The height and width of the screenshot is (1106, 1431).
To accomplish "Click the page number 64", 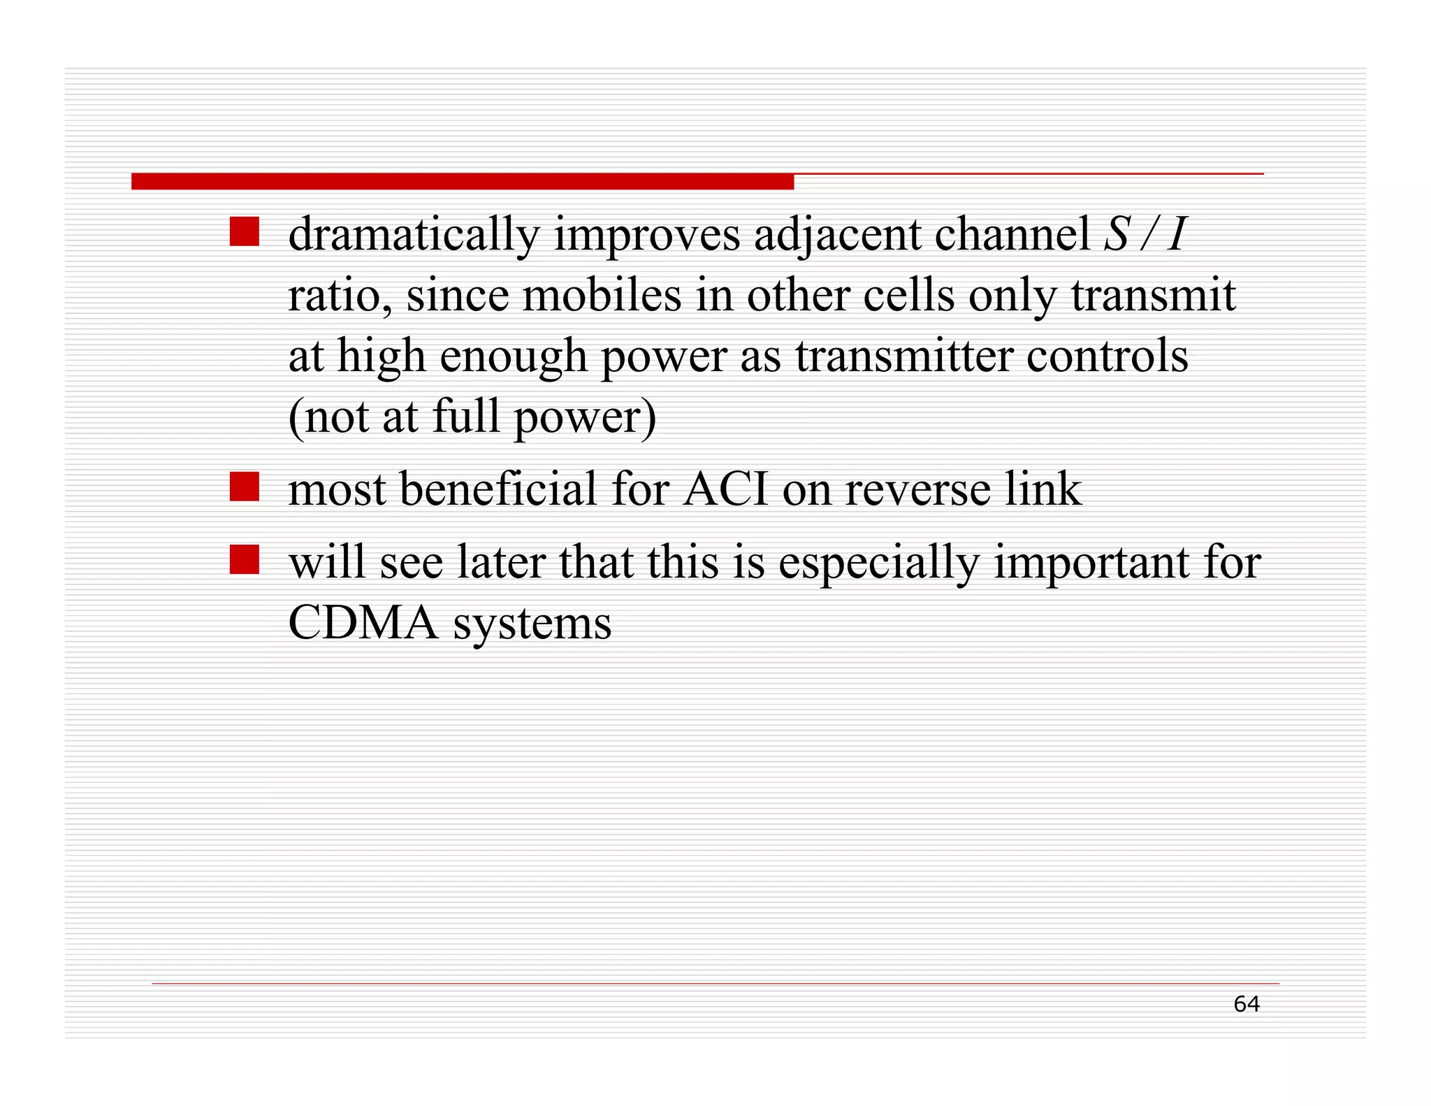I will pyautogui.click(x=1246, y=1004).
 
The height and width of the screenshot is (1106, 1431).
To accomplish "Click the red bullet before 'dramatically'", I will pyautogui.click(x=245, y=231).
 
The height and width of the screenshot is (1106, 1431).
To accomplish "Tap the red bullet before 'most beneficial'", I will pyautogui.click(x=245, y=487).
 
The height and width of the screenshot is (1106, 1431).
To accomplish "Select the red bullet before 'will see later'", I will pyautogui.click(x=245, y=559).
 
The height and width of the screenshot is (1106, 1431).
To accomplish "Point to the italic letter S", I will pyautogui.click(x=1117, y=234).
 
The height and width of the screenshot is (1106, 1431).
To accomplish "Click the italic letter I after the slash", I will pyautogui.click(x=1177, y=234).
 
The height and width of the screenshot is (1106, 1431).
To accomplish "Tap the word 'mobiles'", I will pyautogui.click(x=602, y=295).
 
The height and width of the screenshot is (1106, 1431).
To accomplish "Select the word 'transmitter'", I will pyautogui.click(x=903, y=356).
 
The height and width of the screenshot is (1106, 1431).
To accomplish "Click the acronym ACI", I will pyautogui.click(x=725, y=489).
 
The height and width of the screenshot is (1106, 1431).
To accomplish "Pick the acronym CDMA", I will pyautogui.click(x=363, y=622).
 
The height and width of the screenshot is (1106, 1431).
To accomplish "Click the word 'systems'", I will pyautogui.click(x=532, y=624).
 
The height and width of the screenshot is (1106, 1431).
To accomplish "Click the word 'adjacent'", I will pyautogui.click(x=836, y=235).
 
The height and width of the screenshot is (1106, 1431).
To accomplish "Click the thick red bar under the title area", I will pyautogui.click(x=462, y=182).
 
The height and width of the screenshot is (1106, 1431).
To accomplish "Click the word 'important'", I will pyautogui.click(x=1091, y=563).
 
